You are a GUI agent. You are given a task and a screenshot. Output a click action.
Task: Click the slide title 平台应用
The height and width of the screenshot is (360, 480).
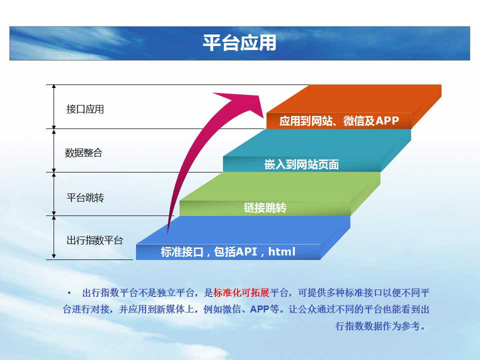(239, 42)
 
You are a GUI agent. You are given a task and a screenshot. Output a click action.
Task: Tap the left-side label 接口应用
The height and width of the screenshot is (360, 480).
(85, 109)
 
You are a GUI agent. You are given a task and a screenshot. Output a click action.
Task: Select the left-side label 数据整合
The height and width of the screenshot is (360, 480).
(83, 152)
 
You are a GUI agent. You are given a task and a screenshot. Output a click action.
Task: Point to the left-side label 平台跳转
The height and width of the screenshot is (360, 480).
(85, 197)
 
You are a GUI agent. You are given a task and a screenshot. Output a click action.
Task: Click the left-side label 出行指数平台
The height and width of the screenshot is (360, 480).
(94, 240)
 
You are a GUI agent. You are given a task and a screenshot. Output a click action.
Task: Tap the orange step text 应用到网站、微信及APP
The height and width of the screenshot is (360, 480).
(339, 120)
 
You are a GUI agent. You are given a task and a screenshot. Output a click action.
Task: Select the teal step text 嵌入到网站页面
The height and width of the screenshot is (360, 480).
(301, 164)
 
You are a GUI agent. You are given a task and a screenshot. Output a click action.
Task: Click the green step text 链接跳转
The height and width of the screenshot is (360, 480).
(265, 208)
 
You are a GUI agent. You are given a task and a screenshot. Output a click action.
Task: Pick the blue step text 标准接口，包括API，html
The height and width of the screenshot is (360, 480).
(228, 251)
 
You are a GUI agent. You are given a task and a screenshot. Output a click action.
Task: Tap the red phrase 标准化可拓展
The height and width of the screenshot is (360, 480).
(241, 293)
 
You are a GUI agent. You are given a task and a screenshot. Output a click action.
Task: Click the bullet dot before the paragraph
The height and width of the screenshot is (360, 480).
(69, 293)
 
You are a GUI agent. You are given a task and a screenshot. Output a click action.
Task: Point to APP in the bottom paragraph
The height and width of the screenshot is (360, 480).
(259, 309)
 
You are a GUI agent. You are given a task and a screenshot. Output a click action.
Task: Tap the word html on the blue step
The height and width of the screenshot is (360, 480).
(282, 251)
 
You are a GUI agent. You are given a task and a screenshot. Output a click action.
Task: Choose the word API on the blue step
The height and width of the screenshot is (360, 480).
(246, 251)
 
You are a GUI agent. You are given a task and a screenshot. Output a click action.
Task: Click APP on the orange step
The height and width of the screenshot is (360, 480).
(387, 120)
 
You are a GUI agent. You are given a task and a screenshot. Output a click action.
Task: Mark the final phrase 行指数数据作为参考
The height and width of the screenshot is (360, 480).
(378, 326)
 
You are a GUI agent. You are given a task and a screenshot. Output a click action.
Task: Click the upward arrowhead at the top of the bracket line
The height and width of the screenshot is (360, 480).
(54, 86)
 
